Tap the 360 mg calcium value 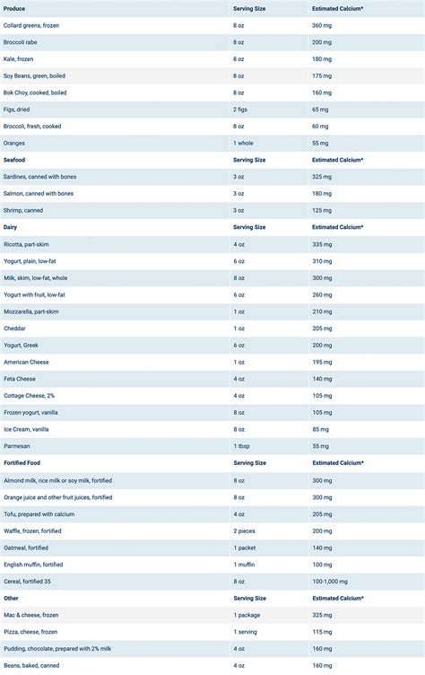point(323,24)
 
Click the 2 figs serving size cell point(240,109)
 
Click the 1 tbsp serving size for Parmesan point(240,446)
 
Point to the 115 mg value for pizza point(323,631)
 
